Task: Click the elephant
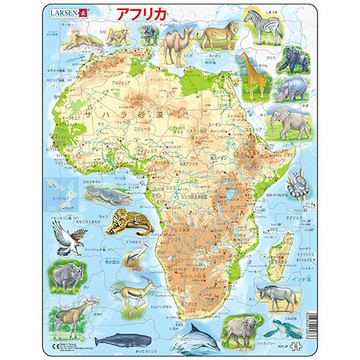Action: pyautogui.click(x=290, y=122)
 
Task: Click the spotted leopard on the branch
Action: pyautogui.click(x=129, y=219)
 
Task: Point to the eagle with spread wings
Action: pyautogui.click(x=73, y=233)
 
